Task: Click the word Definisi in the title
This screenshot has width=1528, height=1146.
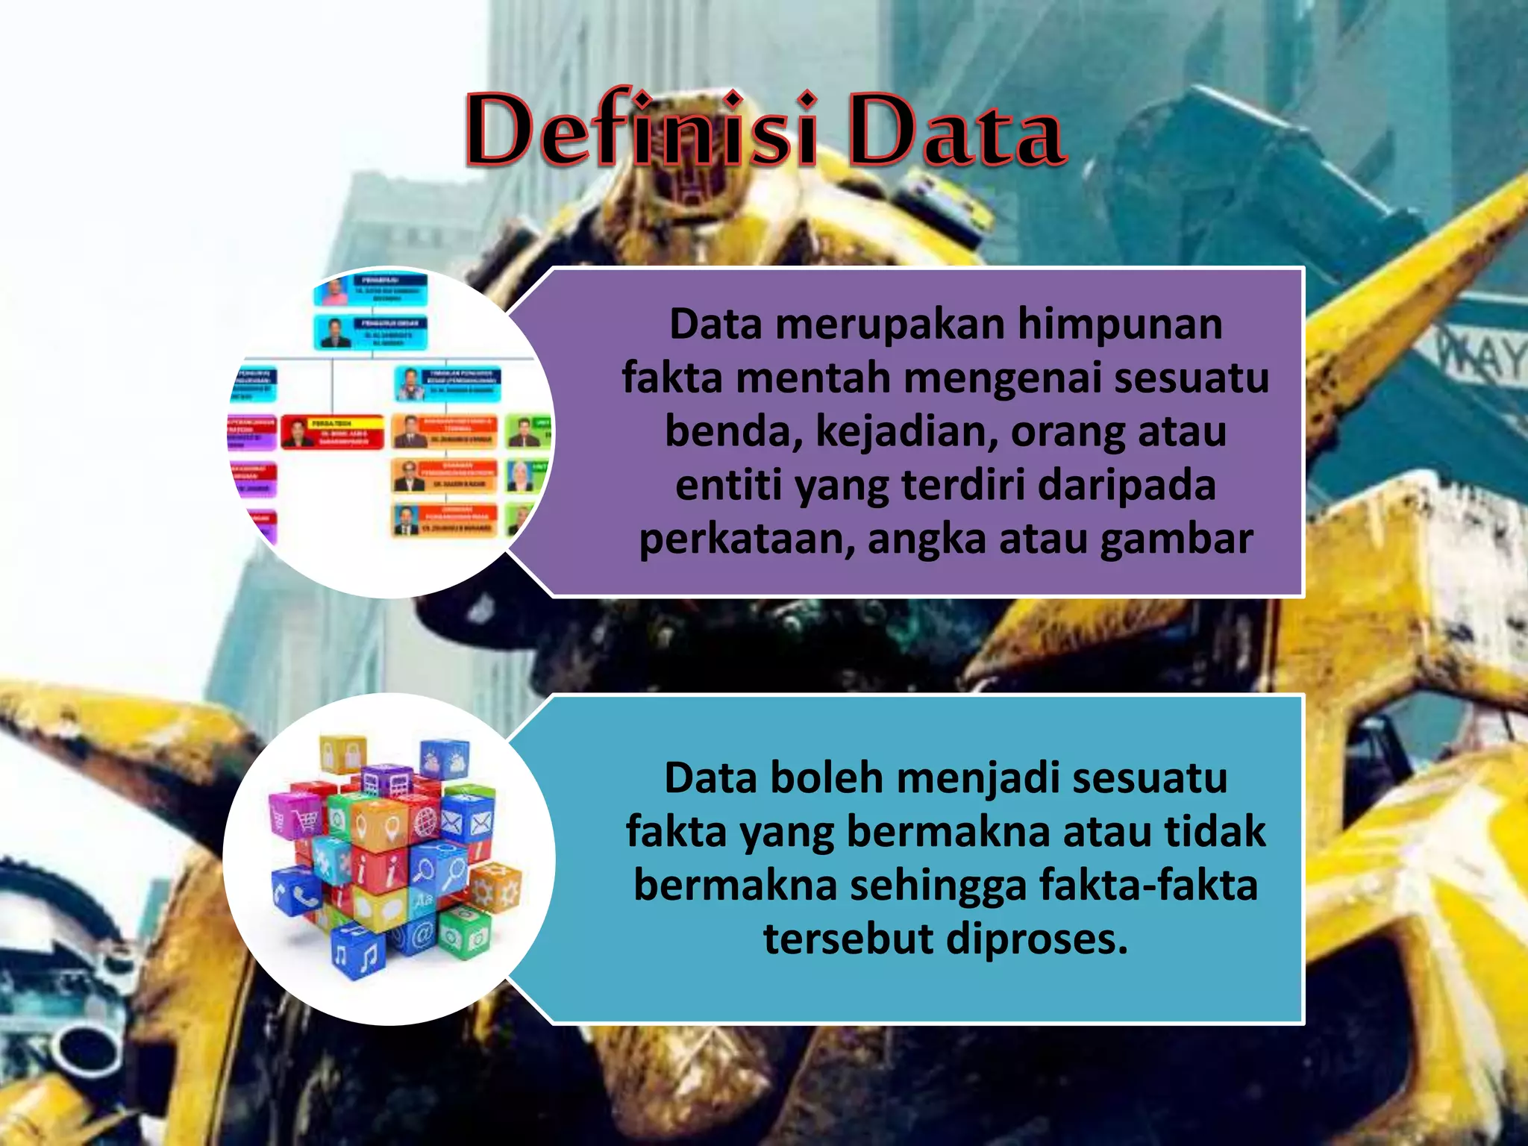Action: (x=642, y=131)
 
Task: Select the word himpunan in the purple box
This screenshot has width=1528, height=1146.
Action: (x=1120, y=325)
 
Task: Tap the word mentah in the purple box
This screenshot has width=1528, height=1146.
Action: (x=814, y=378)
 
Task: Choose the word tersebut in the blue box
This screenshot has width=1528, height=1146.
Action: (x=848, y=939)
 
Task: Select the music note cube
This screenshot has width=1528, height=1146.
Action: (x=358, y=956)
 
